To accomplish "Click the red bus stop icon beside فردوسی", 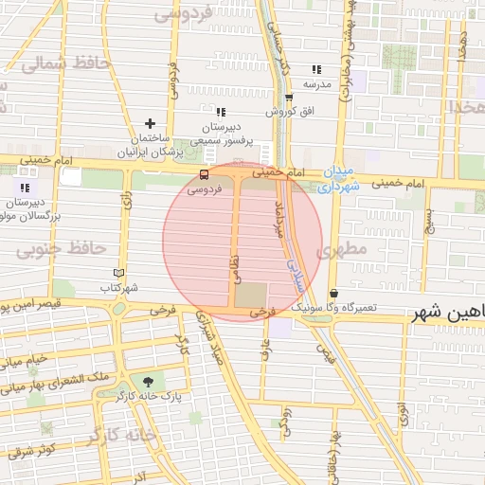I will pyautogui.click(x=205, y=175).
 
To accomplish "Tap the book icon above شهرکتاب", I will pyautogui.click(x=118, y=273).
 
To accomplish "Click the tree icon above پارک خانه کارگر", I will pyautogui.click(x=148, y=381).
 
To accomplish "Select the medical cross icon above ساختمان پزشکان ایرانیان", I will pyautogui.click(x=149, y=123).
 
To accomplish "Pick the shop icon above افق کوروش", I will pyautogui.click(x=289, y=98).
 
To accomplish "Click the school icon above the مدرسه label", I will pyautogui.click(x=316, y=69).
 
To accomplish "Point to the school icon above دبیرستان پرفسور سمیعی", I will pyautogui.click(x=220, y=112).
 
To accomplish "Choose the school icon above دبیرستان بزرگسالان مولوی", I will pyautogui.click(x=25, y=189).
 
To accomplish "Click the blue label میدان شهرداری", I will pyautogui.click(x=334, y=180).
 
